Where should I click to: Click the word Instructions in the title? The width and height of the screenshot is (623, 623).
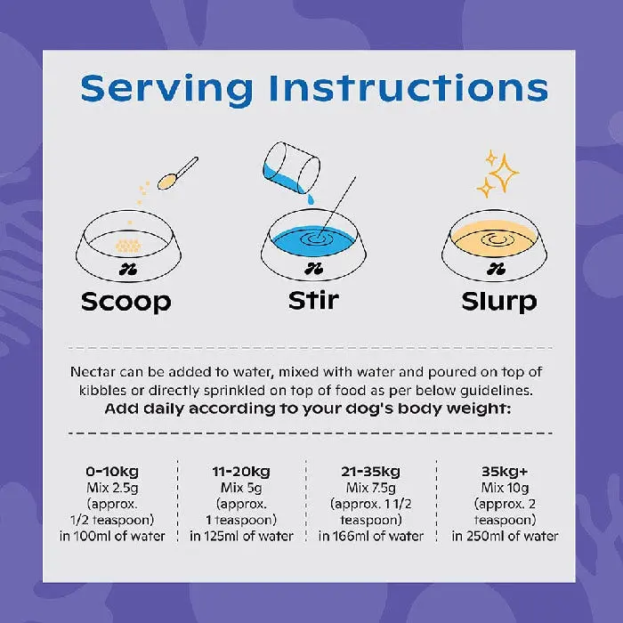(x=409, y=87)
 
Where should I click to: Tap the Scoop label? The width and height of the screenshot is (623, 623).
(x=126, y=303)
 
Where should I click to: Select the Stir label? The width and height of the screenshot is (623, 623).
(x=313, y=301)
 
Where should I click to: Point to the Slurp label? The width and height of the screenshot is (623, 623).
(x=499, y=302)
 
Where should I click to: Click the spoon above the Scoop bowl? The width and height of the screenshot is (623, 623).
(x=177, y=174)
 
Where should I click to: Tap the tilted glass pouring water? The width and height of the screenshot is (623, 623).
(x=291, y=167)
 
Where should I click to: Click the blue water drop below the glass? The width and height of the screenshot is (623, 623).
(x=311, y=199)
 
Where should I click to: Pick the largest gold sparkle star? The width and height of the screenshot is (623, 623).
(x=504, y=174)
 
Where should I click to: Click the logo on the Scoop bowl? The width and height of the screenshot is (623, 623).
(x=128, y=270)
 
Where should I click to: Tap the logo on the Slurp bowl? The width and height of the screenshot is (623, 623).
(x=496, y=270)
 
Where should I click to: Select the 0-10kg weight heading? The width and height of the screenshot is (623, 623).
(x=112, y=472)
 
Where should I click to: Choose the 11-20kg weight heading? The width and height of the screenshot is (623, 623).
(x=241, y=472)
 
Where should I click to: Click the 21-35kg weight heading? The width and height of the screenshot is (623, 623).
(x=371, y=472)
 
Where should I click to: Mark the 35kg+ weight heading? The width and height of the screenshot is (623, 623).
(x=505, y=472)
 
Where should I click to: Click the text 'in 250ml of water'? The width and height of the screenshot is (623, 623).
(x=505, y=536)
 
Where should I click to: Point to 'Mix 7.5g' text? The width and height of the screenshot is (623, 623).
(x=371, y=488)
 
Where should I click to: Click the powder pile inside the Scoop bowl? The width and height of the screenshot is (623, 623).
(x=128, y=246)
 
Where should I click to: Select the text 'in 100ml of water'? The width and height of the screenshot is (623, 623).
(x=112, y=536)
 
